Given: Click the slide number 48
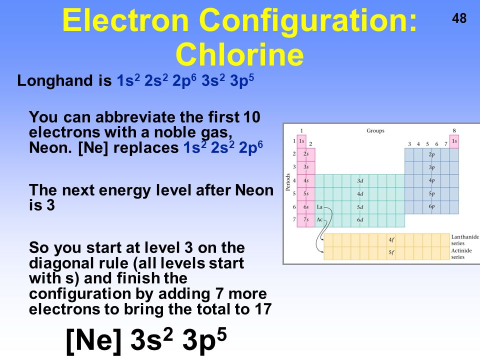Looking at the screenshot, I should click(x=459, y=19).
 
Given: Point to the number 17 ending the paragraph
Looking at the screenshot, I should click(x=263, y=309).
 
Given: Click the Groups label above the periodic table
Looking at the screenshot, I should click(x=375, y=131).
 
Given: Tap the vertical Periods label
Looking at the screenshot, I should click(x=288, y=182).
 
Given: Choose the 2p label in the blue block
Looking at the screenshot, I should click(x=431, y=154).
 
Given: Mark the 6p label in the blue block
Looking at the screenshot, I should click(x=431, y=206).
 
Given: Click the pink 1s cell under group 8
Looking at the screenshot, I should click(x=454, y=141).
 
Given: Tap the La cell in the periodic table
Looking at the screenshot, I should click(x=320, y=206).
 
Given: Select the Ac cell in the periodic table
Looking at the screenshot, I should click(x=320, y=219).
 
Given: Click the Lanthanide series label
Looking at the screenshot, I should click(x=464, y=240).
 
